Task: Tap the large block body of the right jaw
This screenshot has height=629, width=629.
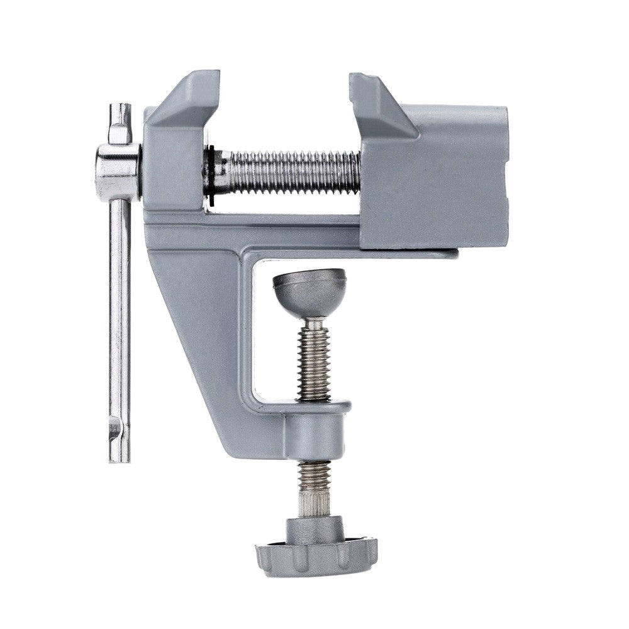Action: click(434, 182)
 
